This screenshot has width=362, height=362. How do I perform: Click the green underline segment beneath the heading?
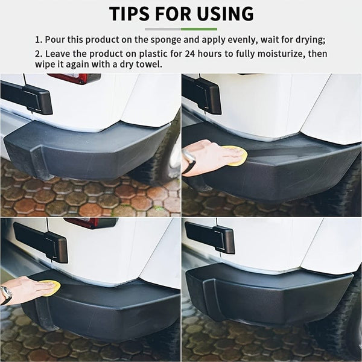point(198,28)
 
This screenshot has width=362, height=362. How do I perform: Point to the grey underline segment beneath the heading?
point(162,28)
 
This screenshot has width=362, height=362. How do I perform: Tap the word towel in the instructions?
point(147,64)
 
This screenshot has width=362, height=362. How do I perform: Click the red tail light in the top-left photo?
point(74,78)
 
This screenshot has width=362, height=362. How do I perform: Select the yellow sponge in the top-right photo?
point(235,155)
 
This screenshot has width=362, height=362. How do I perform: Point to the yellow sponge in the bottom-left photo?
point(51,288)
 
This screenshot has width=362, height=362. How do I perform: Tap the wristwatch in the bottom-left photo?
point(6,294)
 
